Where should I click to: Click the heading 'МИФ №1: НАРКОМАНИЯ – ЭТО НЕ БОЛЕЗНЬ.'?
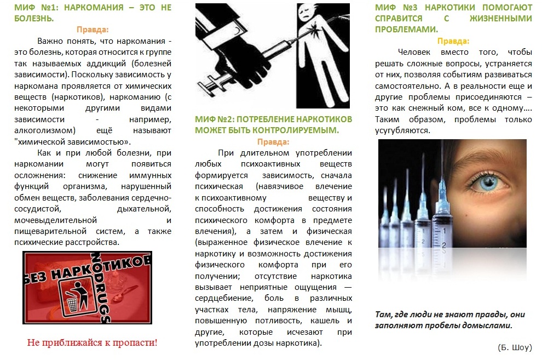[x=93, y=13]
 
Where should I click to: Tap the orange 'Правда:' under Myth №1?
[x=93, y=30]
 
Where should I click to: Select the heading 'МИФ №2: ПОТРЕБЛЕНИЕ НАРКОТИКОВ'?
[x=273, y=119]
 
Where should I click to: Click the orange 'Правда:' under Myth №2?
[x=273, y=142]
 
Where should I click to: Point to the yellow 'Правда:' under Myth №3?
[x=453, y=41]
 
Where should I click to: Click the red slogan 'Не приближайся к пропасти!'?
[x=93, y=342]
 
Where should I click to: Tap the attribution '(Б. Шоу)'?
[x=515, y=347]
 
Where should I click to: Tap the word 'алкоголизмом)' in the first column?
[x=45, y=131]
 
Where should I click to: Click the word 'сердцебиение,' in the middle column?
[x=224, y=299]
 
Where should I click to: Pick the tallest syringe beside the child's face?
[x=443, y=221]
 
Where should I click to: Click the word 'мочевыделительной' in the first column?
[x=55, y=220]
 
